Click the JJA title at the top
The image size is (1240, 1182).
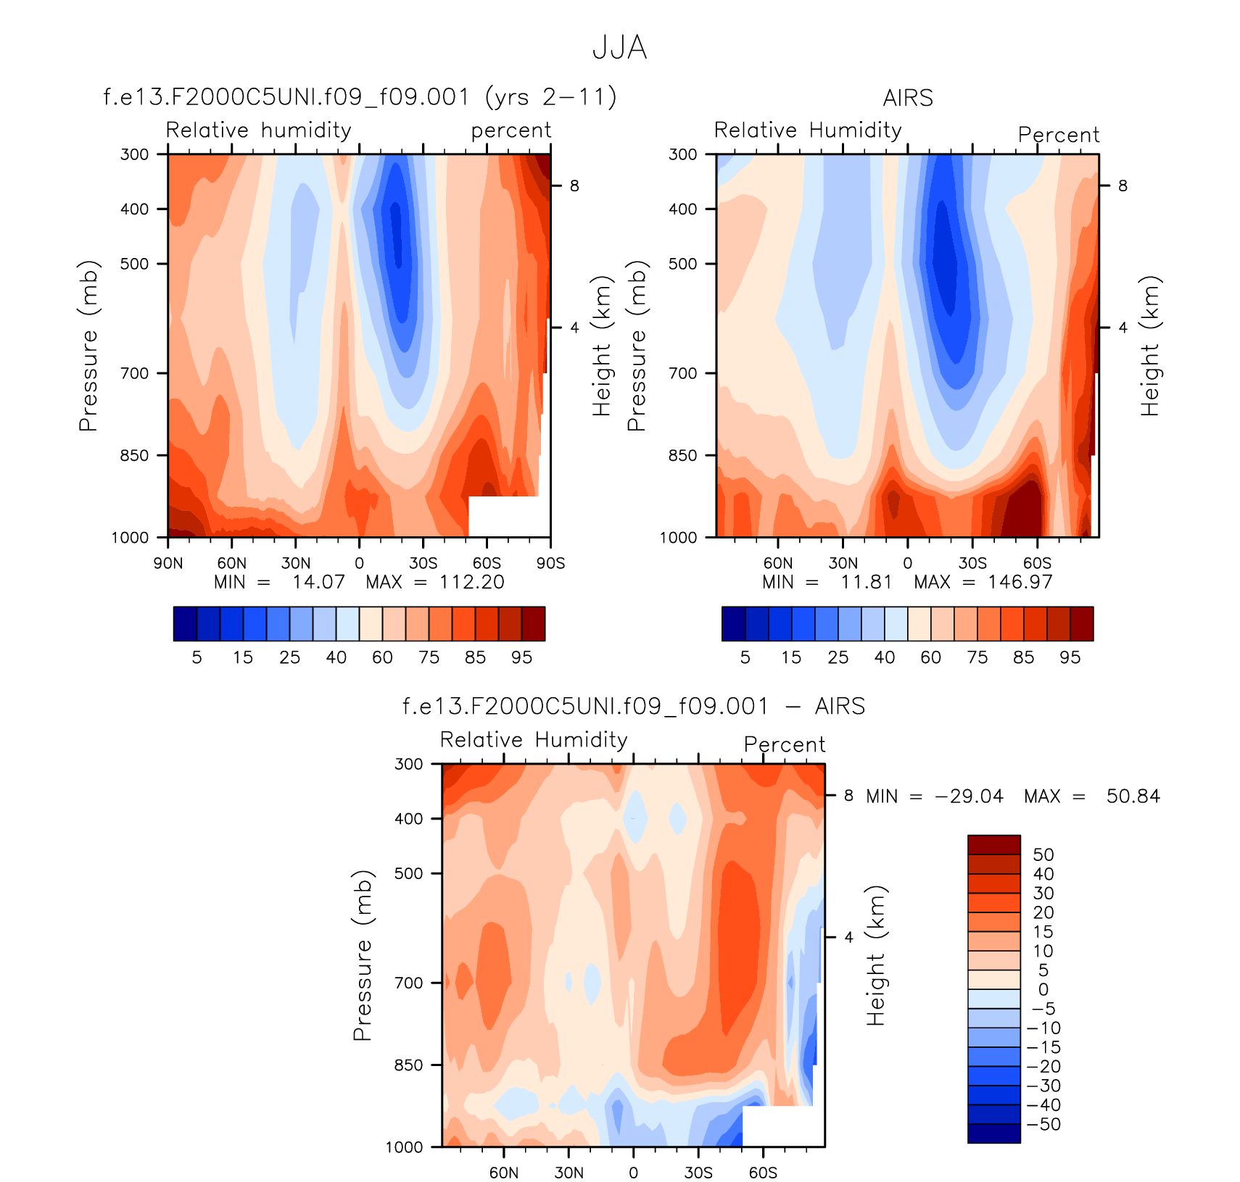619,48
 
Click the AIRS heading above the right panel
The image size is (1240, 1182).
908,98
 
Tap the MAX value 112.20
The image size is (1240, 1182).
471,582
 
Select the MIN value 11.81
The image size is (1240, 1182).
866,582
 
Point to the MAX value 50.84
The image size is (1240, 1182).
1133,796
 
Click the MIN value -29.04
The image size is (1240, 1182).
970,796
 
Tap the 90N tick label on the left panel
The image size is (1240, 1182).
168,563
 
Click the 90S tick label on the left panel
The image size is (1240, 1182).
550,563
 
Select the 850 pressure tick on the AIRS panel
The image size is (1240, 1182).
682,455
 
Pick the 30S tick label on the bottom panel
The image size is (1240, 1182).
698,1173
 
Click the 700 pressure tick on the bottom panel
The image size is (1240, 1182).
408,983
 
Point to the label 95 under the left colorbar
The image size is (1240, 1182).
521,657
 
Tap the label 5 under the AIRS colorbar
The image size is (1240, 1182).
745,657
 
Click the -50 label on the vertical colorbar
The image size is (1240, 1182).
1044,1124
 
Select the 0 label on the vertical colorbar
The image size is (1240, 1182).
1043,989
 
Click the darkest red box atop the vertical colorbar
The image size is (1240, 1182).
993,845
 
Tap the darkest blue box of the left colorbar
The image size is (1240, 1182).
185,624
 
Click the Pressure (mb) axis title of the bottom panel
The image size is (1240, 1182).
362,955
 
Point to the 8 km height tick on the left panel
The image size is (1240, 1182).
574,186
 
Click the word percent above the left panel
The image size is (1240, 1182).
511,130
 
